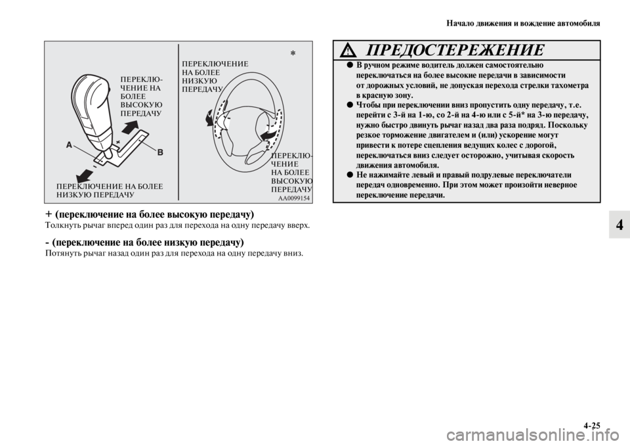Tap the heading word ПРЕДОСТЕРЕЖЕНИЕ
click(x=455, y=51)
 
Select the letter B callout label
click(x=159, y=150)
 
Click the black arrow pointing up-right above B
click(x=130, y=126)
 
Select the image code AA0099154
click(x=293, y=198)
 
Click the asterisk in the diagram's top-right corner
click(x=293, y=52)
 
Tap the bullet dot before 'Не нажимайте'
click(x=339, y=175)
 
